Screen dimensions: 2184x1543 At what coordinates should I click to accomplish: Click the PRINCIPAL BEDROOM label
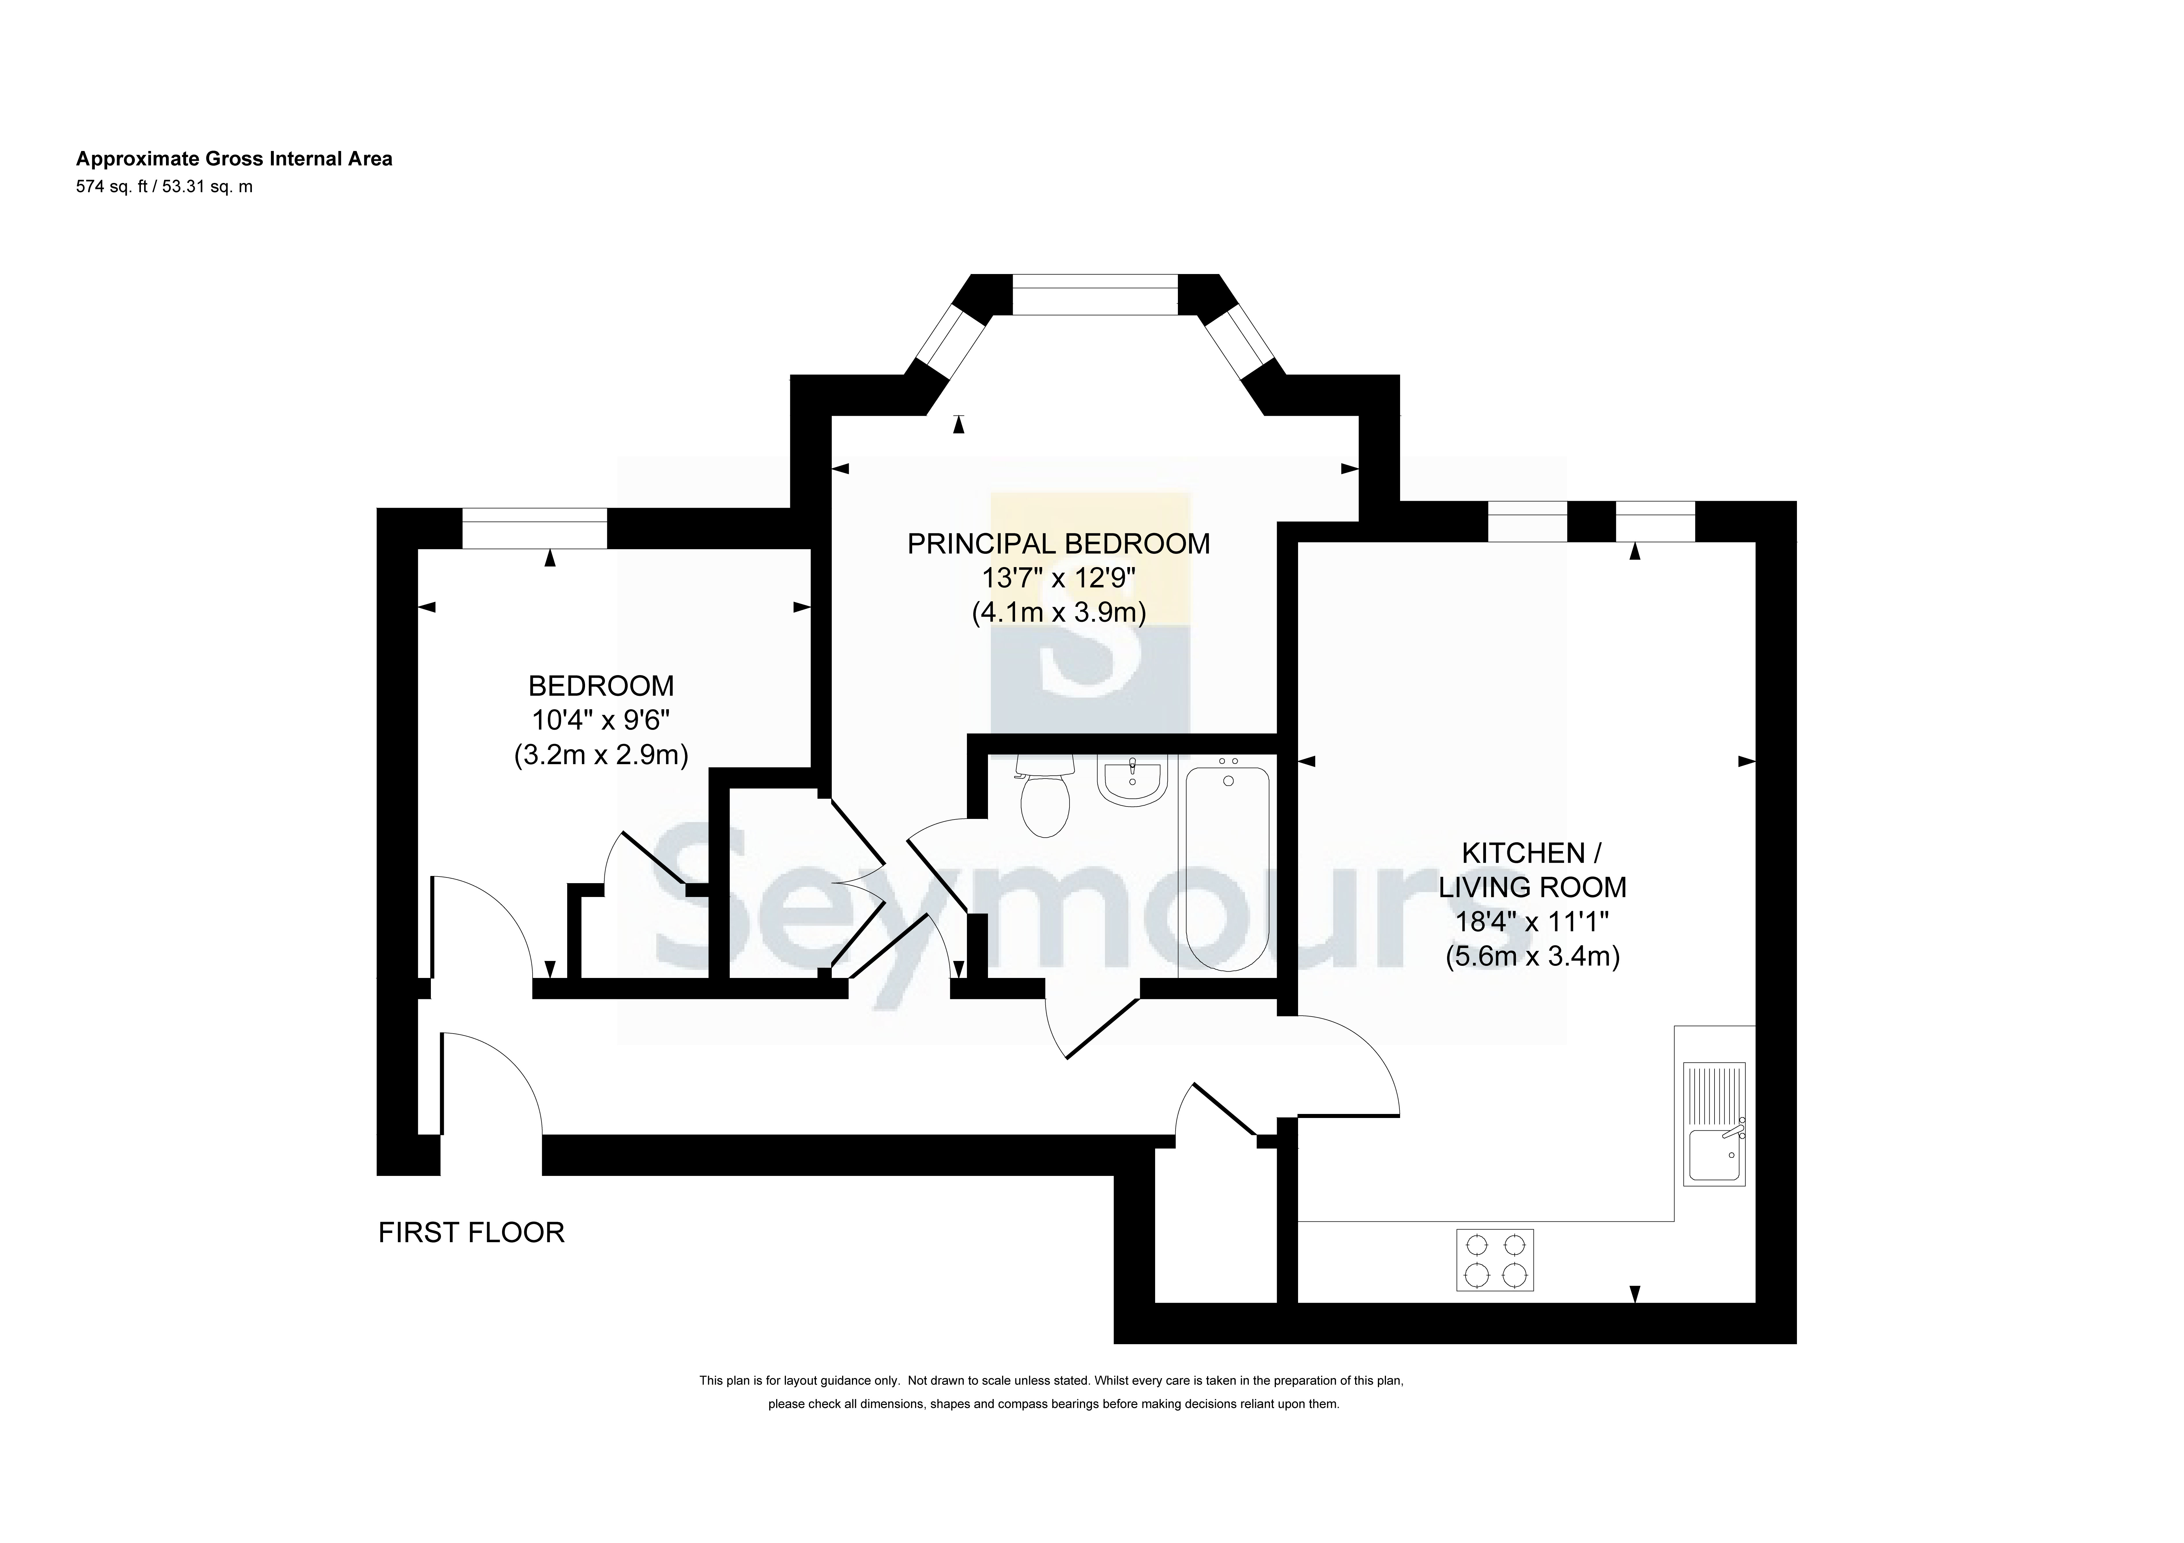pyautogui.click(x=1059, y=544)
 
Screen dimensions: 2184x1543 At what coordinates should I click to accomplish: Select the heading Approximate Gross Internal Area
pyautogui.click(x=234, y=159)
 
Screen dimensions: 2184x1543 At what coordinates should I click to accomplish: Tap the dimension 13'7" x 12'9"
pyautogui.click(x=1059, y=577)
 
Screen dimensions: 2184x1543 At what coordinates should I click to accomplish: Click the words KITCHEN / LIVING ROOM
pyautogui.click(x=1532, y=870)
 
